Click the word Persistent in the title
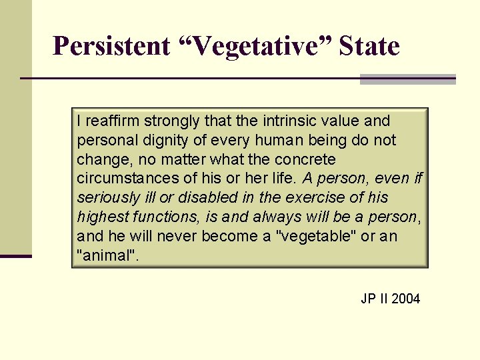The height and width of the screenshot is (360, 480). coord(112,47)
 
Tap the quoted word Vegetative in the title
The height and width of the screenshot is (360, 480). coord(256,47)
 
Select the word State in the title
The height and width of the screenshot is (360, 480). coord(369,47)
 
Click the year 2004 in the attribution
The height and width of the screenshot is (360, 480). coord(406,299)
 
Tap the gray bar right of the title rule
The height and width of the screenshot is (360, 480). coord(407,79)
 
